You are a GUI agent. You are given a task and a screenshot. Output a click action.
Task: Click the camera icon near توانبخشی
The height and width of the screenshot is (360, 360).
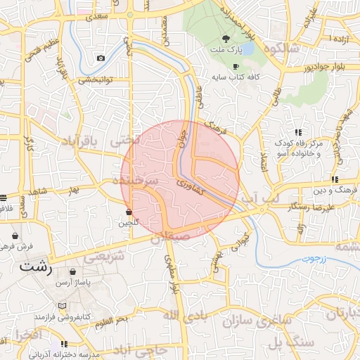(101, 58)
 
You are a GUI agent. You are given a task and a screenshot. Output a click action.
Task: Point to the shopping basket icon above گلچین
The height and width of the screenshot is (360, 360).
(129, 211)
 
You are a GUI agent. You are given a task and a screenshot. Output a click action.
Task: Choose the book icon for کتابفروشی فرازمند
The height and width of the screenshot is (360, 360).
(63, 307)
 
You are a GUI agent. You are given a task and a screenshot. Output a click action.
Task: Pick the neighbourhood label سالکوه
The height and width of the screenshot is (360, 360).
(300, 49)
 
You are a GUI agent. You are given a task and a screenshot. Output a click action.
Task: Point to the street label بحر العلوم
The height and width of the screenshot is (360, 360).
(112, 321)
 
